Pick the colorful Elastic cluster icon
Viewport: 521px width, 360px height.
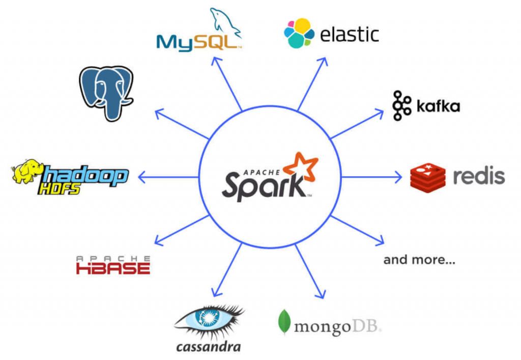pos(299,33)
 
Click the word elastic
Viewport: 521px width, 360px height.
pos(350,34)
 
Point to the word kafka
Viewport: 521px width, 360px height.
pos(438,106)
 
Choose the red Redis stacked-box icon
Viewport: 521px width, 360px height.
pos(427,177)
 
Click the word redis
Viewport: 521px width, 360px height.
pos(478,176)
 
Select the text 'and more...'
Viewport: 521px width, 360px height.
pos(419,260)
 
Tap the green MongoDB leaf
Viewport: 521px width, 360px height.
pos(284,322)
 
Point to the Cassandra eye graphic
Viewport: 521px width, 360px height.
pos(209,320)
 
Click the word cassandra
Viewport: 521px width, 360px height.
pos(208,347)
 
